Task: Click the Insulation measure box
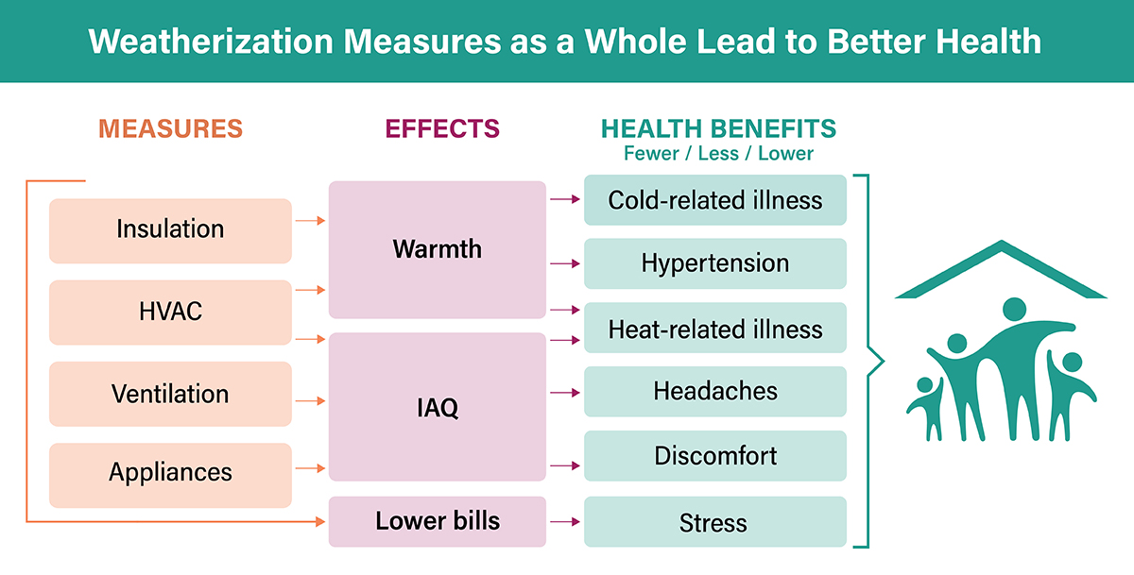tap(170, 230)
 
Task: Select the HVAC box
tap(170, 312)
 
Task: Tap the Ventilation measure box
tap(170, 394)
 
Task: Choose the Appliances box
tap(170, 475)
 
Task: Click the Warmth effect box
tap(438, 249)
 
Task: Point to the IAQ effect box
tap(438, 407)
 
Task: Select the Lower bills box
tap(438, 521)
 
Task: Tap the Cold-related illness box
tap(714, 200)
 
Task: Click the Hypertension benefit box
tap(714, 263)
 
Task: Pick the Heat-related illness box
tap(714, 328)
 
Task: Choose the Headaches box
tap(714, 392)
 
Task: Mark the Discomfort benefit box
tap(714, 456)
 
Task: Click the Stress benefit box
tap(714, 521)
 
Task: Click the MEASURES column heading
tap(171, 128)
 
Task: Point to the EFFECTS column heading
tap(442, 128)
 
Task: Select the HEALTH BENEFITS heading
tap(718, 128)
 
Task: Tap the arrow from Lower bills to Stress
tap(565, 521)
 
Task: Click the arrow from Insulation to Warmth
tap(310, 221)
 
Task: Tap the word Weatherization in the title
tap(211, 41)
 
